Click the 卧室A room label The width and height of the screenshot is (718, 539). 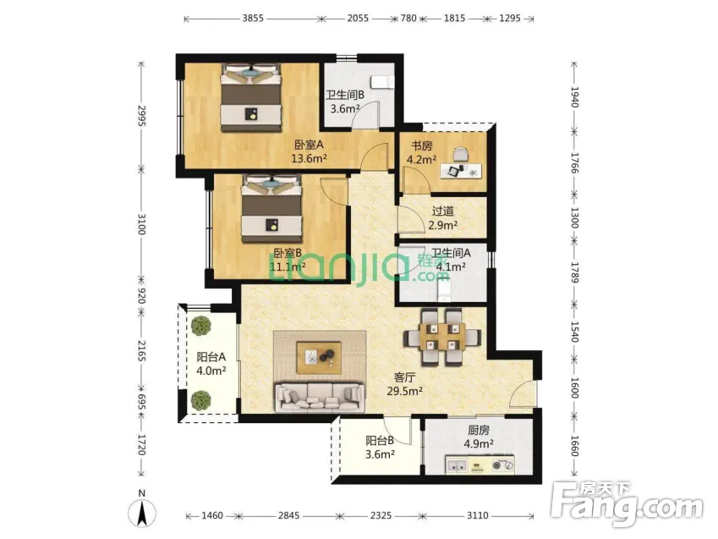(309, 145)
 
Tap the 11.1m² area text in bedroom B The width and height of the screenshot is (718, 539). (288, 267)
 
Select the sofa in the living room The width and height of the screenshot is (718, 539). (319, 398)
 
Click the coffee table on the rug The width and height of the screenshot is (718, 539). (319, 358)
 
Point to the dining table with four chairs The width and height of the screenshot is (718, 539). (442, 338)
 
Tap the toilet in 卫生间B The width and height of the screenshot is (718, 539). (383, 81)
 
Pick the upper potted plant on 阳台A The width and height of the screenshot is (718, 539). (201, 326)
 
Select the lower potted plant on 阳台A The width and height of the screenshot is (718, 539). (201, 399)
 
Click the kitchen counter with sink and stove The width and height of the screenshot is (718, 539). (480, 465)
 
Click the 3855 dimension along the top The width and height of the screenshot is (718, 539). (253, 19)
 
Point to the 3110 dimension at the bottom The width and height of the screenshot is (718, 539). (477, 516)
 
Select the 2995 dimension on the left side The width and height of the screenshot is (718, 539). (141, 117)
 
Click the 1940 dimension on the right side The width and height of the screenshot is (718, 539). (575, 96)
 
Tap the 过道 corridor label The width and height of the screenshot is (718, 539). (443, 212)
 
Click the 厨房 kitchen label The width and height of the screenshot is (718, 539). (479, 430)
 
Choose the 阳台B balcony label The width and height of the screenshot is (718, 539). (380, 441)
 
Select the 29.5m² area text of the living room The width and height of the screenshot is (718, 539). (405, 392)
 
